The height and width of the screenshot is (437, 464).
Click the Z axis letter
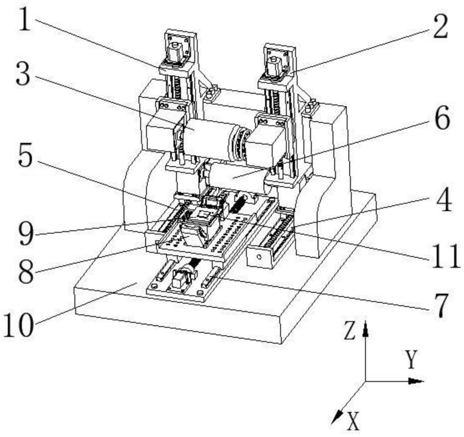(x=350, y=331)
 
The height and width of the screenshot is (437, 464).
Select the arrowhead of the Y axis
(x=416, y=381)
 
